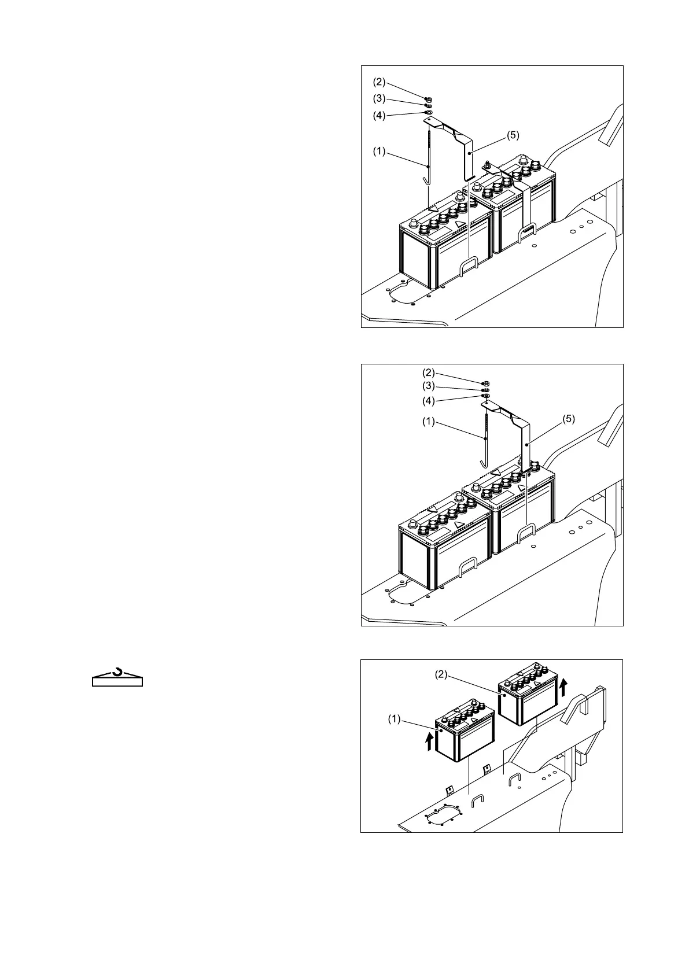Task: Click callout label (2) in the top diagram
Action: (x=379, y=82)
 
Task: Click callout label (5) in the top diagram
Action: (x=513, y=135)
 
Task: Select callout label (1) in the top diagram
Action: (x=379, y=152)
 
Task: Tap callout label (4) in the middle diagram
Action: (x=429, y=401)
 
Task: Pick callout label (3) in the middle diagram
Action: (x=429, y=386)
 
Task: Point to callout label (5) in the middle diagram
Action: (x=569, y=419)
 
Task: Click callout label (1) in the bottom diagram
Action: (x=394, y=719)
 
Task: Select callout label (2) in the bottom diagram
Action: (x=441, y=674)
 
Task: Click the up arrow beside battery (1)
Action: (x=429, y=741)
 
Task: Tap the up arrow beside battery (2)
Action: (x=564, y=687)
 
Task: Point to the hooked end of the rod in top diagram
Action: (x=427, y=180)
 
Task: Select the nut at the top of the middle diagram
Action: (x=487, y=382)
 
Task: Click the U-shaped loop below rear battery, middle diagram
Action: (x=526, y=533)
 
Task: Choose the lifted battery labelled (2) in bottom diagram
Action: (x=527, y=694)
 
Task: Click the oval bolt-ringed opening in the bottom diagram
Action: (x=443, y=815)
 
